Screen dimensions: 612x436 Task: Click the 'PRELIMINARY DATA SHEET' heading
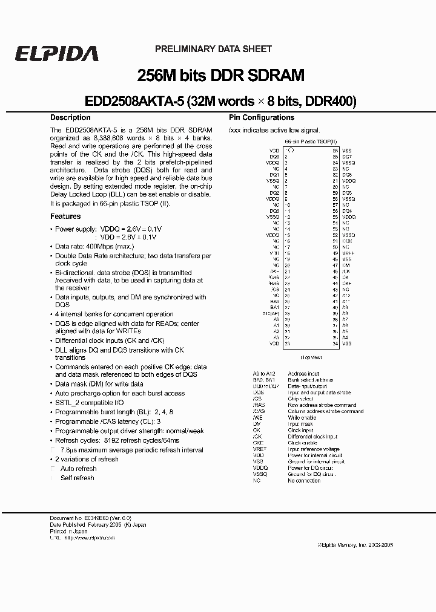point(213,49)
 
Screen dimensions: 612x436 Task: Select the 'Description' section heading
point(70,117)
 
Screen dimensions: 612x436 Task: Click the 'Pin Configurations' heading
point(261,117)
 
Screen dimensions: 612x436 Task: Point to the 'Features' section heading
point(65,216)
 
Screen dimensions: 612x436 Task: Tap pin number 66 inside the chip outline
point(335,150)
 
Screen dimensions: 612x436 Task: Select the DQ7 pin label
point(346,157)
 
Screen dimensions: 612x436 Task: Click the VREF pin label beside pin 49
point(347,253)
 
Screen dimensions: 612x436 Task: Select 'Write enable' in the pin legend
point(302,418)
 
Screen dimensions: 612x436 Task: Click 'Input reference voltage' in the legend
point(314,449)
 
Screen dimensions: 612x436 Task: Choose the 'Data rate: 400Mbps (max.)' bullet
point(94,247)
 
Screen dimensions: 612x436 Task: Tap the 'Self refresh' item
point(78,478)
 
